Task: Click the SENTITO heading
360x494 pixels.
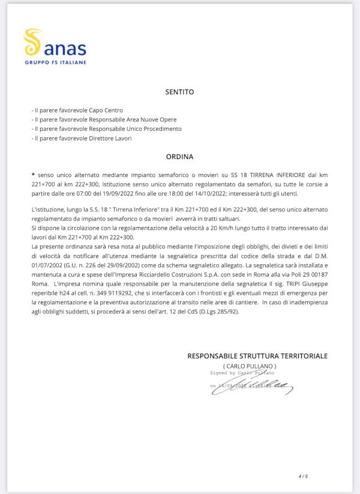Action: (x=179, y=92)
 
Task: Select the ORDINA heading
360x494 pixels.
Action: (x=179, y=157)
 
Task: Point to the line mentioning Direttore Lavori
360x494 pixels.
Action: (x=82, y=138)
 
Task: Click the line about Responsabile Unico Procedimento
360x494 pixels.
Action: (x=107, y=129)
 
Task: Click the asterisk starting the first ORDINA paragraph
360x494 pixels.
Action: (x=33, y=173)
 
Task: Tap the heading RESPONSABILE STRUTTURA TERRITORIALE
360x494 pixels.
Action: (x=257, y=356)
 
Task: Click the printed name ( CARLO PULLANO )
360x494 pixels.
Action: (x=250, y=366)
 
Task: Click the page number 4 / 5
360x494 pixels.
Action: (x=303, y=476)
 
